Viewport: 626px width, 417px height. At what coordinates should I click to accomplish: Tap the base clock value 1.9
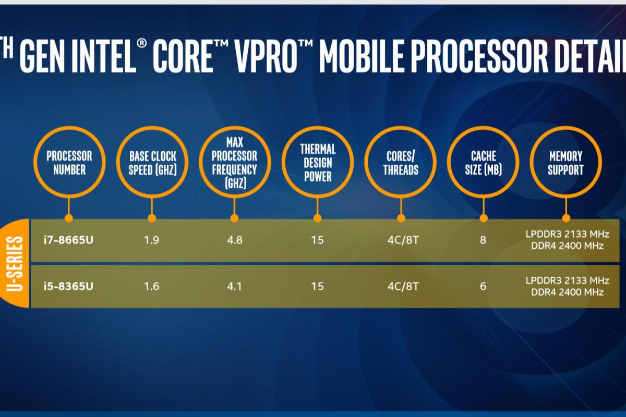pyautogui.click(x=152, y=240)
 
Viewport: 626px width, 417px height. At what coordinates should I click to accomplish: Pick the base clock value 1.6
pyautogui.click(x=152, y=286)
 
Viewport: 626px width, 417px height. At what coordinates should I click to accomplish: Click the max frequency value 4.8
pyautogui.click(x=234, y=240)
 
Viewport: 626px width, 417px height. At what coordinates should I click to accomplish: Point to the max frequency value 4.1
pyautogui.click(x=234, y=286)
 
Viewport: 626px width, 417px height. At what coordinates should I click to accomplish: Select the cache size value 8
pyautogui.click(x=483, y=240)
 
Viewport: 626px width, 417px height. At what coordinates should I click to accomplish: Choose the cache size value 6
pyautogui.click(x=483, y=286)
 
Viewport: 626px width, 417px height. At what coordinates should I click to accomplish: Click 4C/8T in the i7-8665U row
pyautogui.click(x=401, y=240)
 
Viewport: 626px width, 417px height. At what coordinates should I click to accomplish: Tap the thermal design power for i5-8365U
pyautogui.click(x=317, y=286)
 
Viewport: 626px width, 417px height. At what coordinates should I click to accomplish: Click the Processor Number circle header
pyautogui.click(x=69, y=163)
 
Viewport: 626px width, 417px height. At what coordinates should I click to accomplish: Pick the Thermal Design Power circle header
pyautogui.click(x=318, y=163)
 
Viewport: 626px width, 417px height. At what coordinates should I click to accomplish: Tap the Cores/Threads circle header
pyautogui.click(x=401, y=163)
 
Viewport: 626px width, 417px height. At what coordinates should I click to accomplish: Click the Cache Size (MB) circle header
pyautogui.click(x=483, y=163)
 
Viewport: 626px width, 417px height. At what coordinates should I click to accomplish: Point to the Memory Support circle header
pyautogui.click(x=566, y=163)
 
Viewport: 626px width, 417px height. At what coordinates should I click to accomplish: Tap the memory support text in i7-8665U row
pyautogui.click(x=567, y=240)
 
